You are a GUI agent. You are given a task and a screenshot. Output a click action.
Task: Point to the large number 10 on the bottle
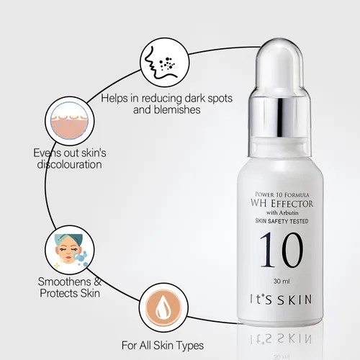pyautogui.click(x=276, y=251)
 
